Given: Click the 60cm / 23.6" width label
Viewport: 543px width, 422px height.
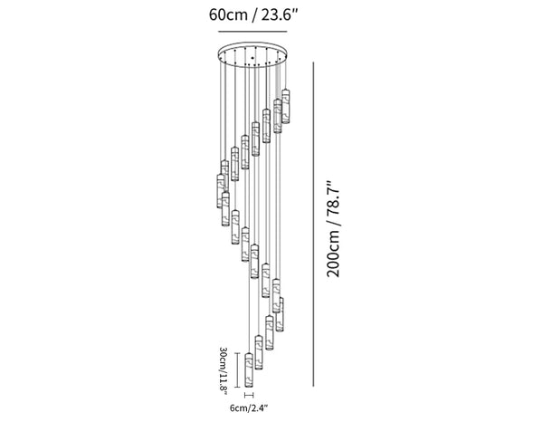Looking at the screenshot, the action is pyautogui.click(x=253, y=14).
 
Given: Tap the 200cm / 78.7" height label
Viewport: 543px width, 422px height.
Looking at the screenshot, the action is pyautogui.click(x=334, y=228).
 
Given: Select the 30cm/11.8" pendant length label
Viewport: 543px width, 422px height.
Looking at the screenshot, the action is pyautogui.click(x=224, y=370).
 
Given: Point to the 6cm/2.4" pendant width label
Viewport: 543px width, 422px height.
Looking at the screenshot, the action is pyautogui.click(x=250, y=408).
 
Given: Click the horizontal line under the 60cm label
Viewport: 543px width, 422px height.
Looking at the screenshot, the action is pyautogui.click(x=252, y=32).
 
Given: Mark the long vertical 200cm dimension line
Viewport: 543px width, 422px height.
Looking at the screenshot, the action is pyautogui.click(x=314, y=225).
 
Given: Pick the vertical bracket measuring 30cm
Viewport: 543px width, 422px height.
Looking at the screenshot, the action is pyautogui.click(x=237, y=370).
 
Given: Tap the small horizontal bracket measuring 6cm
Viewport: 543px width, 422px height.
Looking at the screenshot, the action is pyautogui.click(x=249, y=395).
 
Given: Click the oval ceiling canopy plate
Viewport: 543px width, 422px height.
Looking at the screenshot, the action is pyautogui.click(x=252, y=54).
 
